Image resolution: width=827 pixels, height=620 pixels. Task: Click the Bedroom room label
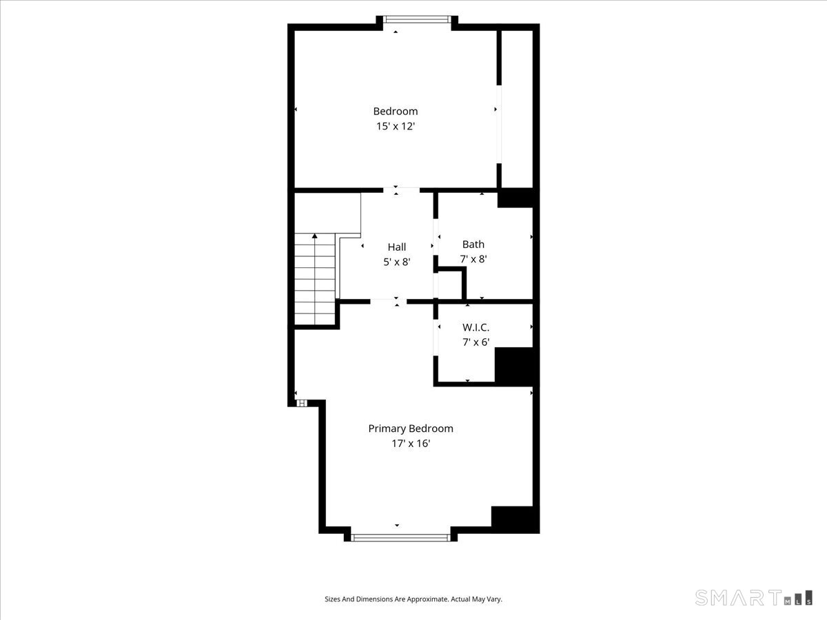click(395, 112)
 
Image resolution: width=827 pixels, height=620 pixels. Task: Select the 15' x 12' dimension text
click(395, 126)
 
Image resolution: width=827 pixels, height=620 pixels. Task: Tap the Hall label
click(397, 247)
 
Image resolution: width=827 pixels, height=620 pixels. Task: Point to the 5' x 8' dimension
click(397, 262)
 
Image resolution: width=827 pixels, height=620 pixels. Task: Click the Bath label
click(473, 245)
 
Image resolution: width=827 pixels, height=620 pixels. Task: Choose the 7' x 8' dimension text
click(473, 259)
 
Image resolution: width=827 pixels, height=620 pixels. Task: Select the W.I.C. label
click(476, 327)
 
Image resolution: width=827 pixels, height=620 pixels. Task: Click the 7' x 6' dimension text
click(476, 342)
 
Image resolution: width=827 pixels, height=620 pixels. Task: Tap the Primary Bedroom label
click(411, 428)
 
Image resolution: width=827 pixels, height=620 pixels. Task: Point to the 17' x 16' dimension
click(411, 444)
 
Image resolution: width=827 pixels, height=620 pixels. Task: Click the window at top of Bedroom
click(417, 19)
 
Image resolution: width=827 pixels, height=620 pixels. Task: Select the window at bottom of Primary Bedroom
click(400, 537)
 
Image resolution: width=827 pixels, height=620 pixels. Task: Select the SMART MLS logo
click(753, 597)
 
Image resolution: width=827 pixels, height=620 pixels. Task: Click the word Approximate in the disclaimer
click(429, 599)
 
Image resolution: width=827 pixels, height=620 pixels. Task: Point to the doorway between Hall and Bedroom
click(401, 190)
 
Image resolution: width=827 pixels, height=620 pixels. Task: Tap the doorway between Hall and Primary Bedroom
click(389, 302)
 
